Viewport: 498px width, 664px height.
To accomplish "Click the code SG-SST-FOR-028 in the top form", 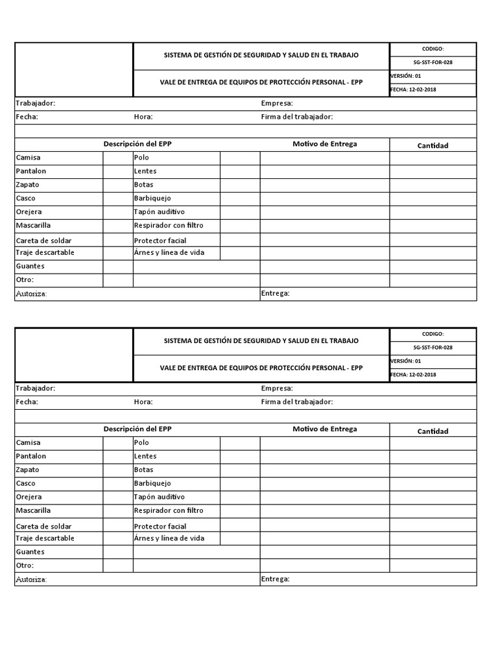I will point(433,62).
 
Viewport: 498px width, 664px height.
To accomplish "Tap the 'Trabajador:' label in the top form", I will point(36,103).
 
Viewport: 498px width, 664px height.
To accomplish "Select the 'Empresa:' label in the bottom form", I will point(277,388).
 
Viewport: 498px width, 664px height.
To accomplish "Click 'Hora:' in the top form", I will point(143,117).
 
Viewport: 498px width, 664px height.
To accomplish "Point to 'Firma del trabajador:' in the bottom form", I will point(297,402).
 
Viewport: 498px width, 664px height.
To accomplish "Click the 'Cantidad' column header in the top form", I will point(433,145).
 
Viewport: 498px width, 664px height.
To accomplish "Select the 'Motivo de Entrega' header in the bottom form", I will point(324,429).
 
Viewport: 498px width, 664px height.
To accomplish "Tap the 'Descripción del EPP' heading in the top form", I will point(137,144).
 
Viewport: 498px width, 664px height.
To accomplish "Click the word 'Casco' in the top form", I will point(26,198).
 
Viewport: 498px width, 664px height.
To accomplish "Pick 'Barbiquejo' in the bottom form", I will point(152,483).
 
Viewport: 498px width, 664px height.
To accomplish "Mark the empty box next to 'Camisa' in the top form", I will point(118,158).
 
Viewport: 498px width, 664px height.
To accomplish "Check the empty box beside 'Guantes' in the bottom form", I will point(118,552).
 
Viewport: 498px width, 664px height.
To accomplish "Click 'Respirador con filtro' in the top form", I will point(169,226).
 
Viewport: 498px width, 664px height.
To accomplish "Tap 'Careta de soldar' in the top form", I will point(43,241).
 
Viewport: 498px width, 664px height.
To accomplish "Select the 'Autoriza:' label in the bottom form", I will point(31,579).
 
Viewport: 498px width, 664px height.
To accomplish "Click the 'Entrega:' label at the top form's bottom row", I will point(275,293).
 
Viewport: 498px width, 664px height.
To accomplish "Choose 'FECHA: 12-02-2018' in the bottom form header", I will point(413,374).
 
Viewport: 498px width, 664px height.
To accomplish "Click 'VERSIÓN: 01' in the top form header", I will point(406,76).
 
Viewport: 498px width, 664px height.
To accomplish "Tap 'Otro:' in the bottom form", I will point(25,565).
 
